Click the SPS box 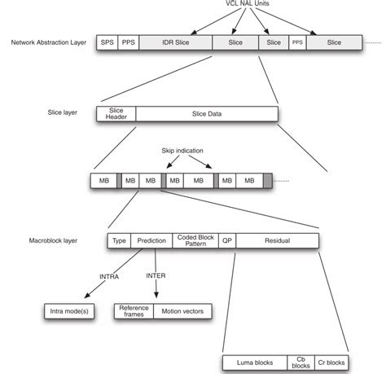pyautogui.click(x=107, y=41)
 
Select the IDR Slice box pyautogui.click(x=175, y=41)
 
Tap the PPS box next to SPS pyautogui.click(x=129, y=41)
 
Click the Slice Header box pyautogui.click(x=116, y=115)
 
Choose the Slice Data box pyautogui.click(x=206, y=115)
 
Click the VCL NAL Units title pyautogui.click(x=249, y=5)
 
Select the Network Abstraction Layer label pyautogui.click(x=48, y=41)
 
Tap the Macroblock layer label pyautogui.click(x=52, y=241)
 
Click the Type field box pyautogui.click(x=119, y=241)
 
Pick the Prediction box pyautogui.click(x=151, y=241)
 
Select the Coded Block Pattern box pyautogui.click(x=195, y=241)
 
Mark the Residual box pyautogui.click(x=278, y=241)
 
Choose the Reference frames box pyautogui.click(x=134, y=310)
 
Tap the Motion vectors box pyautogui.click(x=183, y=310)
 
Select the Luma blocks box pyautogui.click(x=254, y=361)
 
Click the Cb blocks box pyautogui.click(x=300, y=361)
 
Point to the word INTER pyautogui.click(x=156, y=276)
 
